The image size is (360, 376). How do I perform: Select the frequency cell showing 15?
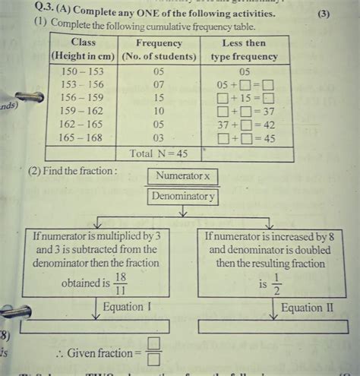(157, 98)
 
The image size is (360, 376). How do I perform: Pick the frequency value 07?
(157, 84)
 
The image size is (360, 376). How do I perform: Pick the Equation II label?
(307, 308)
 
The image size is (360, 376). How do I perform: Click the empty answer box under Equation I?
(95, 327)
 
